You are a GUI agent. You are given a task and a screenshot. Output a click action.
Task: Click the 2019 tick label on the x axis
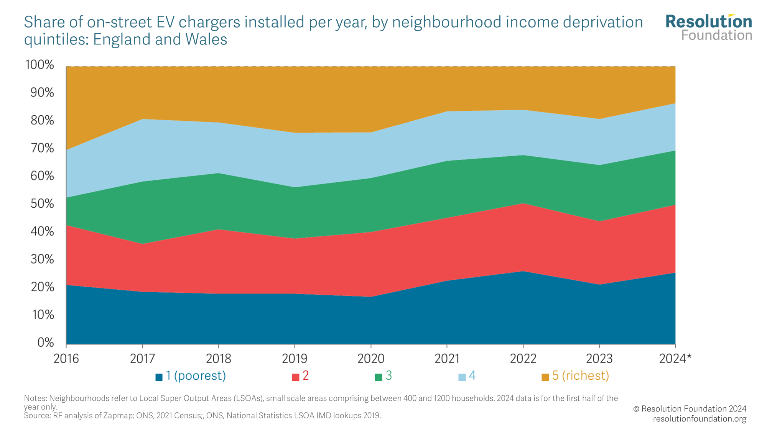pos(295,359)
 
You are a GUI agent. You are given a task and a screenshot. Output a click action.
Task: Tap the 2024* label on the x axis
pos(675,359)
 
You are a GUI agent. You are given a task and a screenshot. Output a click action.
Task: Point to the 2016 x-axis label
pos(66,359)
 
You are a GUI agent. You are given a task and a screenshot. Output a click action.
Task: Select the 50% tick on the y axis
pos(42,204)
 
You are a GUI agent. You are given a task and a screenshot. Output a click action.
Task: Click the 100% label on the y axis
pos(40,65)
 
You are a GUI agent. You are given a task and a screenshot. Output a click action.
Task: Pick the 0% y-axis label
pos(46,343)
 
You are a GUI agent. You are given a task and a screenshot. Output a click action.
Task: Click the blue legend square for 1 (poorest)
pos(159,377)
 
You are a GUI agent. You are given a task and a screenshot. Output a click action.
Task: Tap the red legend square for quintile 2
pos(295,377)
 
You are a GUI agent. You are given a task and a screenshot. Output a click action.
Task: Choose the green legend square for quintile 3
pos(379,377)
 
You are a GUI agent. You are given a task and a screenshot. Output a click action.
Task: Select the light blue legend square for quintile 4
pos(462,377)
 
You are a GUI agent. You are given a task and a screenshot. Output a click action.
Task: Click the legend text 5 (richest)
pos(580,376)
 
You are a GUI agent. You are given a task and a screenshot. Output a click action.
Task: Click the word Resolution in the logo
pos(709,22)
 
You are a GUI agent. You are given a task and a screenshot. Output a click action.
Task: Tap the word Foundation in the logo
pos(716,35)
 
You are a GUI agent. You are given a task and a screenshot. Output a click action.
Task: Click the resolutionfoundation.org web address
pos(700,419)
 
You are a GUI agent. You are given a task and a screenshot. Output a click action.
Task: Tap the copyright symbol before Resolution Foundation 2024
pos(636,409)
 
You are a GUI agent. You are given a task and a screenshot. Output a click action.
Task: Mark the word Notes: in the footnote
pos(35,398)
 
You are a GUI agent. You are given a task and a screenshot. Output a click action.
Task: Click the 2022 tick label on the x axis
pos(523,359)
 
